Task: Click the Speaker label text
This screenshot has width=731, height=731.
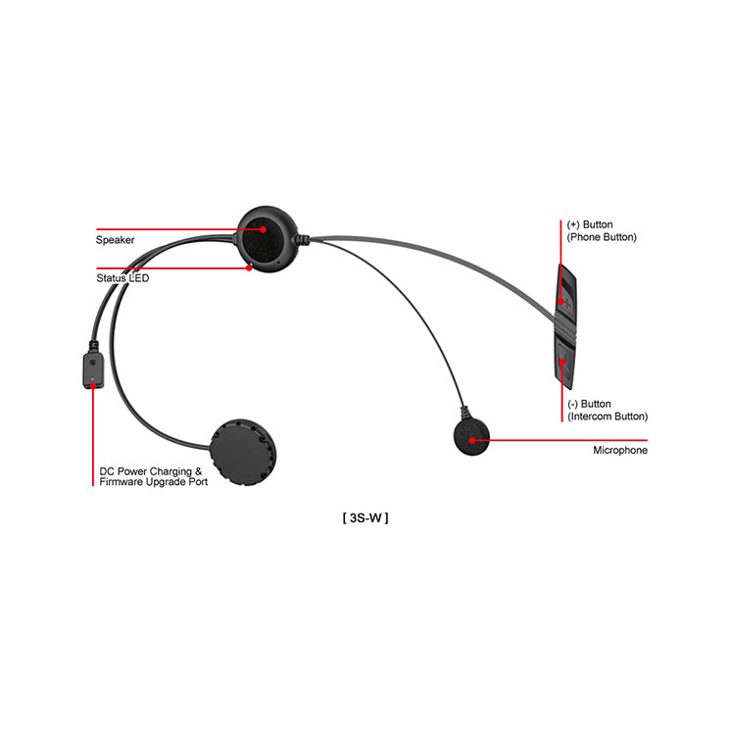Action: point(116,240)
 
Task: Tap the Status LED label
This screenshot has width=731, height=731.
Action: point(122,278)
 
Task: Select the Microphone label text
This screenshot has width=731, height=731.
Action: point(620,451)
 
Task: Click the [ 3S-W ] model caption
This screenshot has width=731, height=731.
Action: point(365,518)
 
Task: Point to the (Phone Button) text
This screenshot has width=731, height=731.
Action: point(602,237)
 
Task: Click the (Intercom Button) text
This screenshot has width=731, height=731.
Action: point(608,416)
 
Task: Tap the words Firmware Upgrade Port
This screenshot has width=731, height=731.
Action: point(154,482)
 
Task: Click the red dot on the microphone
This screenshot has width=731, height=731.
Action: point(472,441)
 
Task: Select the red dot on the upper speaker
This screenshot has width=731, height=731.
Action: point(264,229)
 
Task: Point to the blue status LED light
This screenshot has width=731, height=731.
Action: point(252,265)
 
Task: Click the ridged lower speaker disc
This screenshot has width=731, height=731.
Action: point(242,452)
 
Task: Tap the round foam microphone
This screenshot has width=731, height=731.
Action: point(471,437)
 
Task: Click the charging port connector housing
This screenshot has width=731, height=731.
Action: point(93,370)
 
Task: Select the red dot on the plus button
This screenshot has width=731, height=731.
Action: point(561,302)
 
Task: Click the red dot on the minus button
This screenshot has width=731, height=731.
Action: point(562,362)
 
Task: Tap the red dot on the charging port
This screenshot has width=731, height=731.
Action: point(93,385)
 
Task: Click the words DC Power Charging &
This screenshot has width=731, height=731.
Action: point(151,471)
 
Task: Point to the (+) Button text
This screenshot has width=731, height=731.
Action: point(590,224)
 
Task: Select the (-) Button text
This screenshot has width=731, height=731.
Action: point(589,404)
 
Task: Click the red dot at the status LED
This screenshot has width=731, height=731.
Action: point(249,268)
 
